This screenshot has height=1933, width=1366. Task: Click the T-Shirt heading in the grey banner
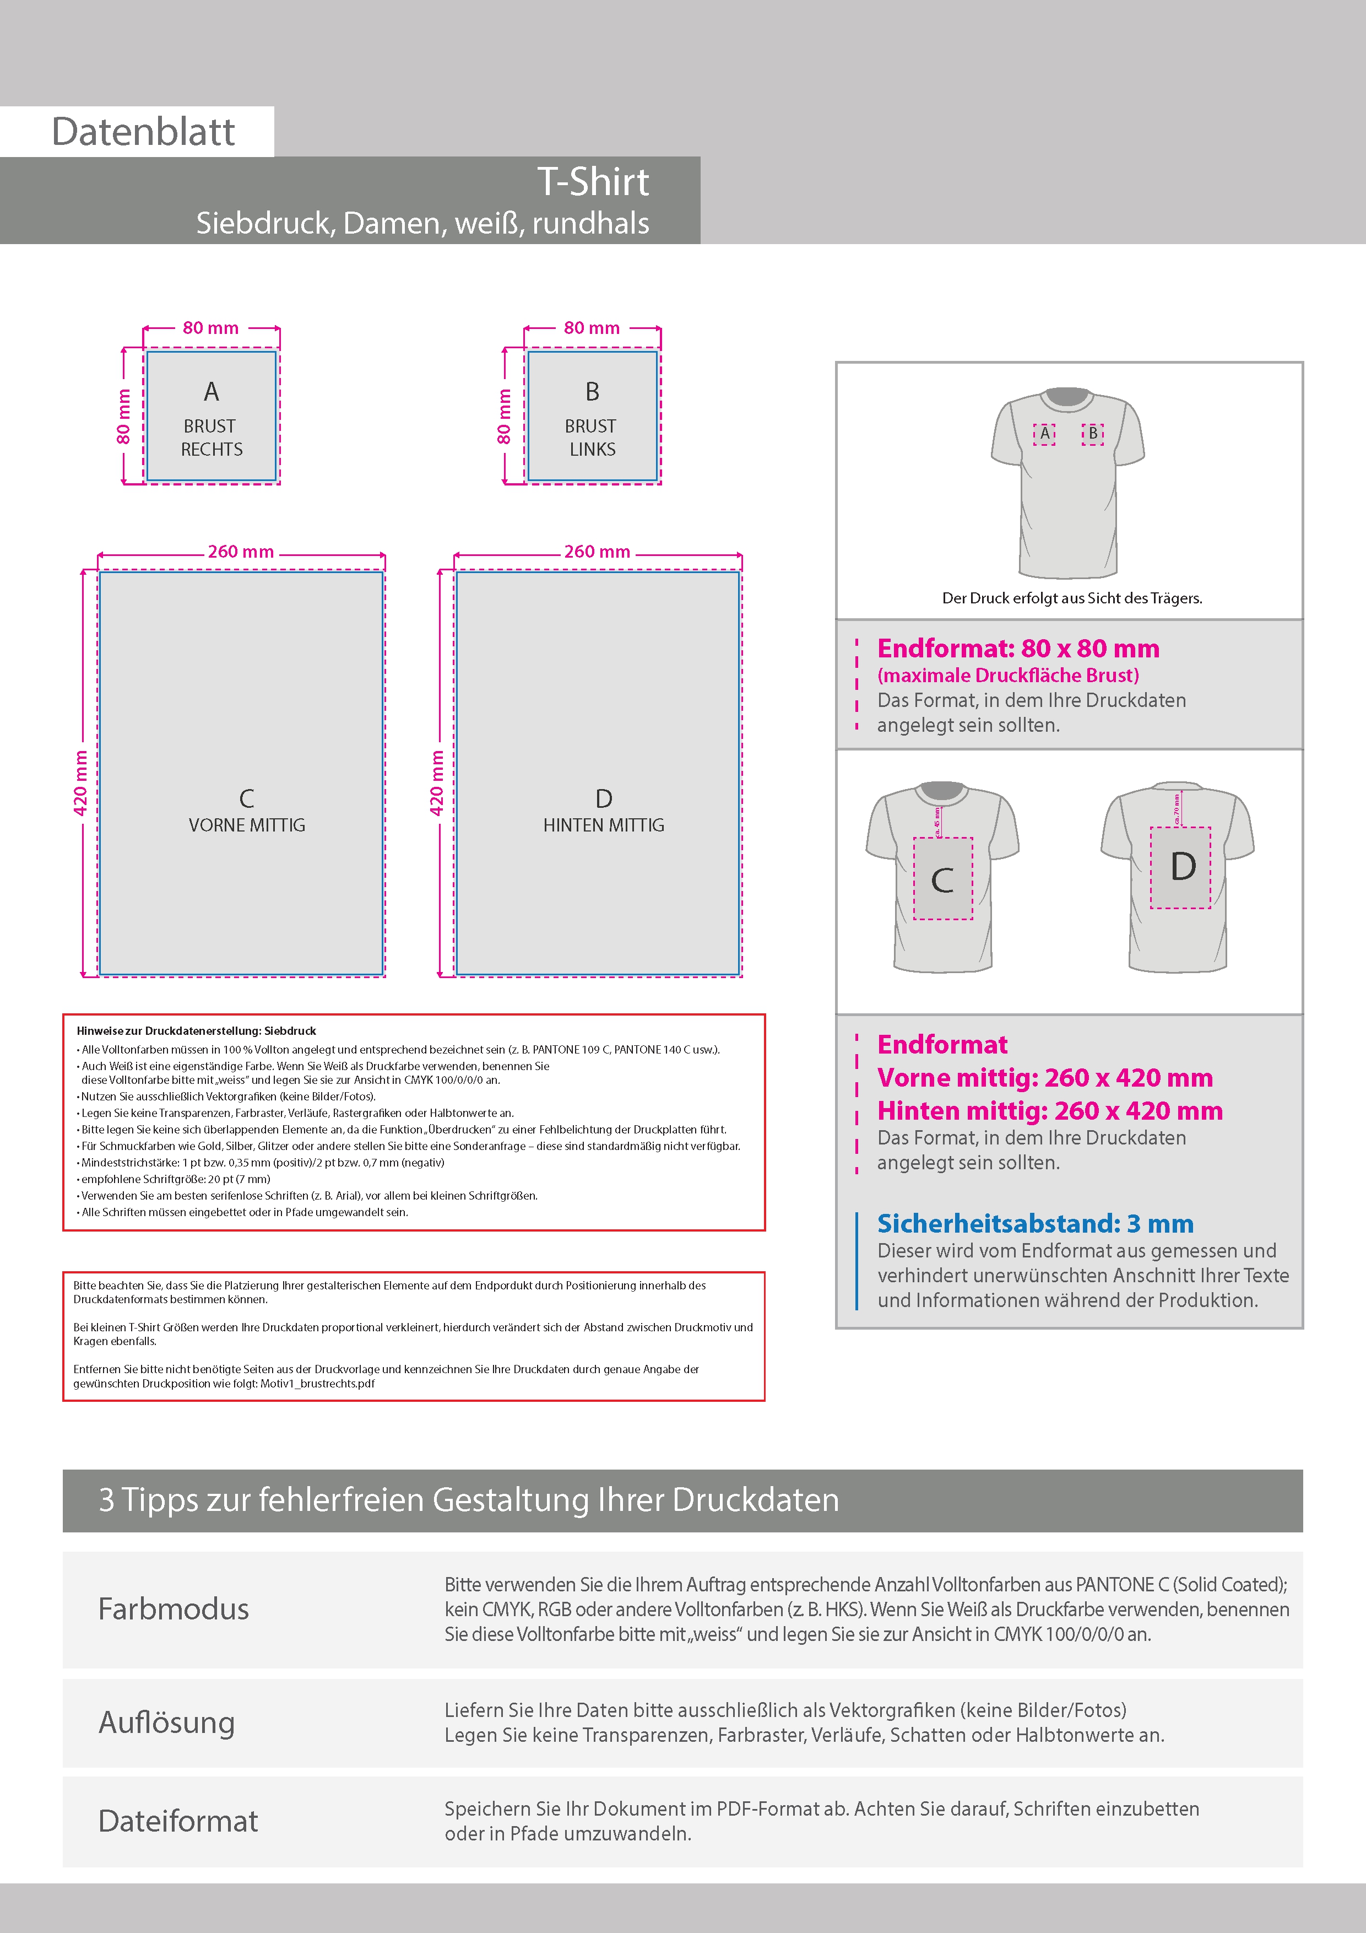click(593, 182)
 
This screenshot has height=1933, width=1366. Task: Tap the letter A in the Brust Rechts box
click(212, 391)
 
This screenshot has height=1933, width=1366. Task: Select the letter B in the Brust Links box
click(593, 391)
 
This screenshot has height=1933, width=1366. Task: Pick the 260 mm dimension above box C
click(241, 552)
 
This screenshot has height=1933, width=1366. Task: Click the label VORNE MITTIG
click(247, 825)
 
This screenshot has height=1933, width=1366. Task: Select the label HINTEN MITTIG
click(604, 825)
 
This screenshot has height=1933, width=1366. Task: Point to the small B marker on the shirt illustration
click(1092, 433)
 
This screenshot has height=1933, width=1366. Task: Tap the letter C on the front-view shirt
click(942, 881)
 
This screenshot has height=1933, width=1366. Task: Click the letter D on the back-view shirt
click(1183, 866)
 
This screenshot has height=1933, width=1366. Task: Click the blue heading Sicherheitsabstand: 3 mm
click(1035, 1223)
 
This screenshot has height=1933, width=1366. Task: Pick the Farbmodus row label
click(174, 1609)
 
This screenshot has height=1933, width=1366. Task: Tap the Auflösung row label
click(167, 1722)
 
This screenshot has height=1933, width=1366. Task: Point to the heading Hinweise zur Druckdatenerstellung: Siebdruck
click(196, 1030)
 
